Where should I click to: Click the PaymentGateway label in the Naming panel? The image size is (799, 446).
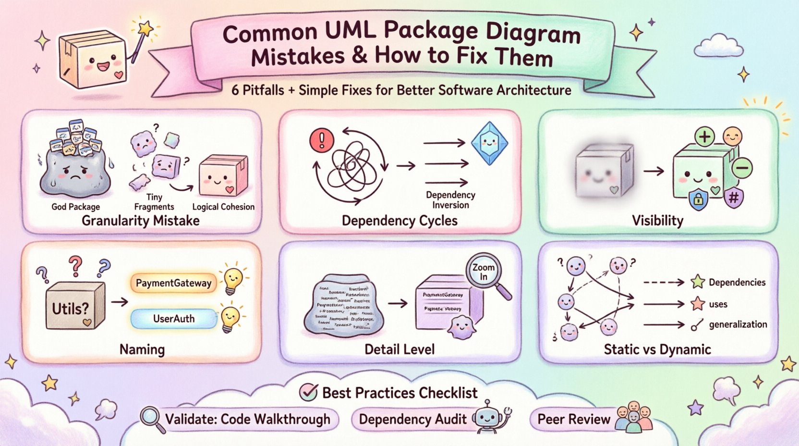(173, 283)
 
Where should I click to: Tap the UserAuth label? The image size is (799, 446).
(173, 319)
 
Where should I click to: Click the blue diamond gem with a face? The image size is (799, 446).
(489, 143)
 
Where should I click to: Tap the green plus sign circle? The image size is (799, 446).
(704, 137)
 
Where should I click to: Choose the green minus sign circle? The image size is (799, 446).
(742, 168)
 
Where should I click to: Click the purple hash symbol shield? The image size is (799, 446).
(733, 198)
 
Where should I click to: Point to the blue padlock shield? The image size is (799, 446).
(699, 199)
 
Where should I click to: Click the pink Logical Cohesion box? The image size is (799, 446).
(222, 177)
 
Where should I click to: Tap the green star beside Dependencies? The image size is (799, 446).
(698, 282)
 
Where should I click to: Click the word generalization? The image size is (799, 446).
(738, 324)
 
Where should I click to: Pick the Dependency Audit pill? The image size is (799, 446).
(412, 419)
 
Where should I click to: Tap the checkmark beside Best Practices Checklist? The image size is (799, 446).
(308, 392)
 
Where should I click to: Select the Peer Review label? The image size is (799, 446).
(573, 419)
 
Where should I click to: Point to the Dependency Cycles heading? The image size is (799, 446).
(399, 221)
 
